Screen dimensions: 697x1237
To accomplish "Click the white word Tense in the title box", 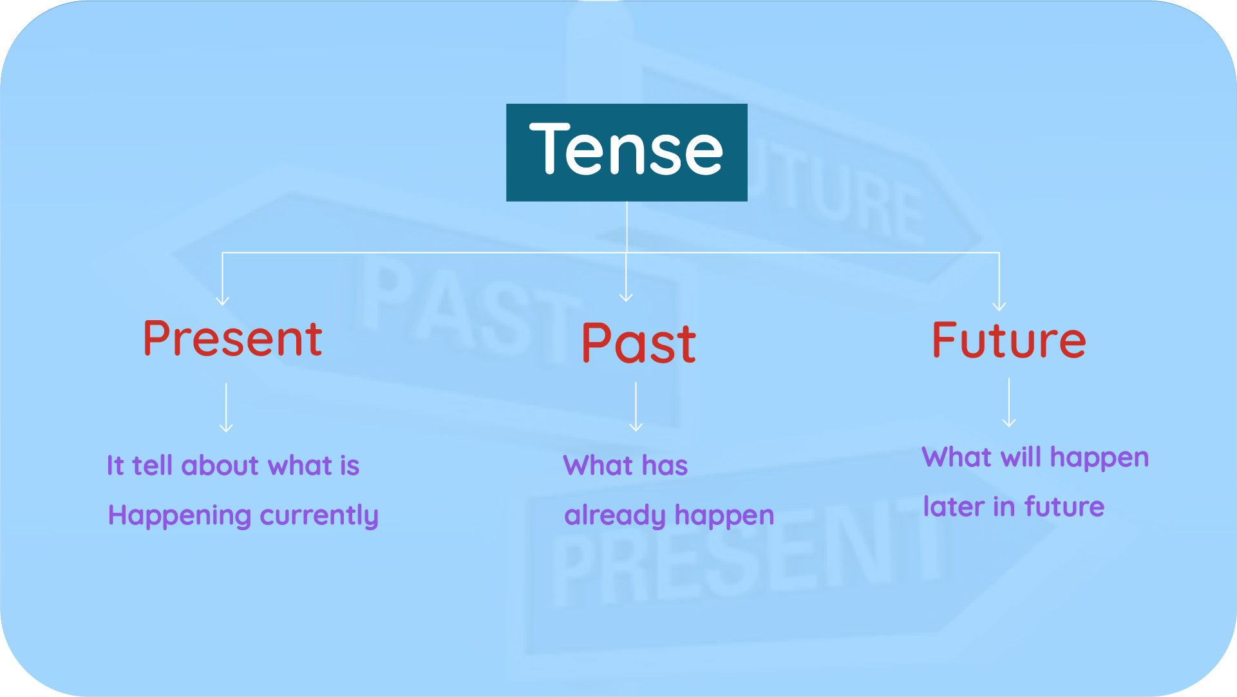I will point(626,150).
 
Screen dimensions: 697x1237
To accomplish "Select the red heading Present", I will point(232,339).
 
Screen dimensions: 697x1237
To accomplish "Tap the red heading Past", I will point(638,343).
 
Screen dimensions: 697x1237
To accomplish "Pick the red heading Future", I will point(1008,340).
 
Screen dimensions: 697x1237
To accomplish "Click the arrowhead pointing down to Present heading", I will point(223,300).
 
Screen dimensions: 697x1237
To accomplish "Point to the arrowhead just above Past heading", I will point(626,297).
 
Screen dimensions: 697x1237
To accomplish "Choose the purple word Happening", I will point(180,516).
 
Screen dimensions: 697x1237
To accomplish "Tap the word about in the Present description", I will point(220,466).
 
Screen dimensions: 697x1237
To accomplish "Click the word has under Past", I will point(665,466).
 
